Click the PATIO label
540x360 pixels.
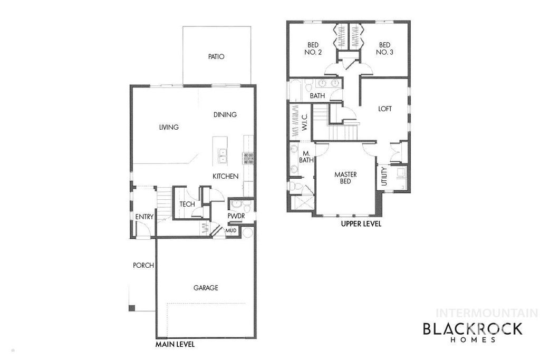click(216, 56)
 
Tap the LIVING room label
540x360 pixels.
click(169, 127)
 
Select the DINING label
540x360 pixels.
click(225, 114)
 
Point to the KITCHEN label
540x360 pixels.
click(226, 176)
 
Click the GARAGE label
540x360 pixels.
click(206, 288)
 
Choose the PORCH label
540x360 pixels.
click(143, 265)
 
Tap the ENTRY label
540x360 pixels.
click(144, 217)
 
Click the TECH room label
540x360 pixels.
click(187, 204)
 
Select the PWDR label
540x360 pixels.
click(236, 216)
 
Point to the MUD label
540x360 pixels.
click(231, 230)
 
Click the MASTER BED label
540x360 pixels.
click(345, 178)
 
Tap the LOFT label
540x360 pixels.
click(385, 109)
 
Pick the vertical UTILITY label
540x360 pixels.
click(384, 176)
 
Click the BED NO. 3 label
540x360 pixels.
click(384, 48)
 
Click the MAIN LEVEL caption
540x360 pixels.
click(175, 345)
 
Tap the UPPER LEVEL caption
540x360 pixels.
click(361, 224)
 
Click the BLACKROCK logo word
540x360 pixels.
click(472, 329)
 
